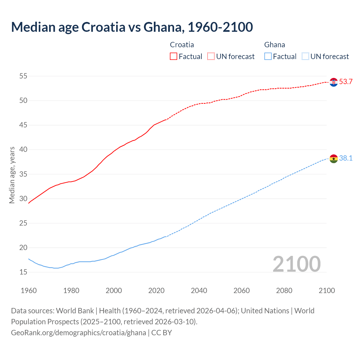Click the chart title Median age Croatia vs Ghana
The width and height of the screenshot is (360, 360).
[x=132, y=27]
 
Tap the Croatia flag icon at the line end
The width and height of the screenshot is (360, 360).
[x=334, y=82]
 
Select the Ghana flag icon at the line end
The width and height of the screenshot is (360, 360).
[x=334, y=159]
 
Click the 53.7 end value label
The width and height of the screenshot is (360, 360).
[x=346, y=82]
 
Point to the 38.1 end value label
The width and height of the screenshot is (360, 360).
[x=346, y=158]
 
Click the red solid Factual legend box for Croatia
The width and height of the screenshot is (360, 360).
[x=174, y=57]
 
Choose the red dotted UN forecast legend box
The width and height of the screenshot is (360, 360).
[x=211, y=57]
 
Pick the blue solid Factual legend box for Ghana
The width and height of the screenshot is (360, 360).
[x=268, y=57]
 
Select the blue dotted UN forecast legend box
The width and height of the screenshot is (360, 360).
[x=305, y=57]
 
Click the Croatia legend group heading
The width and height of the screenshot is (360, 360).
[x=182, y=45]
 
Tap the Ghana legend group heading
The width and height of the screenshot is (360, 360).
[x=274, y=45]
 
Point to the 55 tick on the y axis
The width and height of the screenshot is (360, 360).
[x=23, y=76]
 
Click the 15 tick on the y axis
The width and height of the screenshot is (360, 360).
[x=23, y=272]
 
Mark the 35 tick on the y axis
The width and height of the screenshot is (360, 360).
[x=23, y=174]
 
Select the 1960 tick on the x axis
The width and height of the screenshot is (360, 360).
[x=29, y=291]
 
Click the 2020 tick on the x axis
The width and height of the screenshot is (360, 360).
[x=156, y=291]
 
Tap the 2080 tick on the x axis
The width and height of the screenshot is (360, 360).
[x=284, y=291]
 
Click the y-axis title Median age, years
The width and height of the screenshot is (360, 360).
[x=12, y=175]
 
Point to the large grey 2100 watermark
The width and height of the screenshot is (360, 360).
[x=297, y=264]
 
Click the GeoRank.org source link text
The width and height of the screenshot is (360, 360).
[x=78, y=333]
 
